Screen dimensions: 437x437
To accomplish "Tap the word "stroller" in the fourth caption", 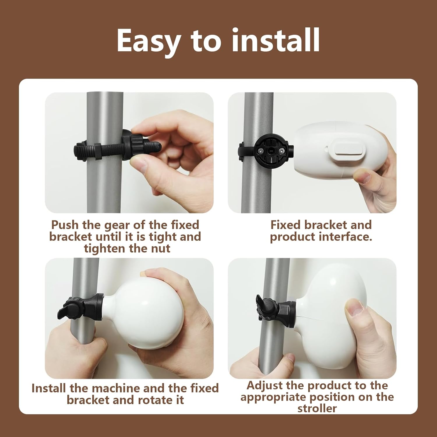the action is (317, 408).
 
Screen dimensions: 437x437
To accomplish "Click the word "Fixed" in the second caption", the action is (285, 225).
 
